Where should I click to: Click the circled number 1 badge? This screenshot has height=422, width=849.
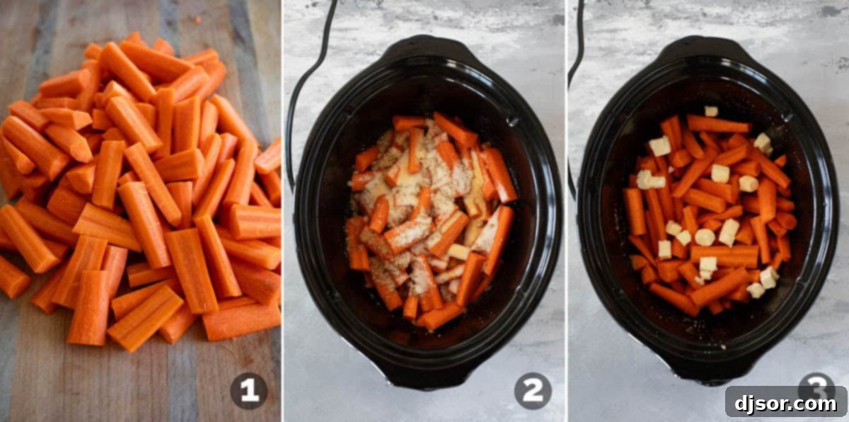pyautogui.click(x=249, y=391)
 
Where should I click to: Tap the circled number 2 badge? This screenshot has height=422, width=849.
pyautogui.click(x=533, y=391)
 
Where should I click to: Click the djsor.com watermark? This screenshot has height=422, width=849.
pyautogui.click(x=785, y=401)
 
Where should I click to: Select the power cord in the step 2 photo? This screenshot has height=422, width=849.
pyautogui.click(x=304, y=85)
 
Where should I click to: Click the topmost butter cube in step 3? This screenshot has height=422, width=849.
pyautogui.click(x=710, y=111)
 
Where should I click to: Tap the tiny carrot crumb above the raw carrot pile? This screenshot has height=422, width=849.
pyautogui.click(x=196, y=20)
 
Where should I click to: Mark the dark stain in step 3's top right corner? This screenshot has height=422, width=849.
pyautogui.click(x=828, y=11)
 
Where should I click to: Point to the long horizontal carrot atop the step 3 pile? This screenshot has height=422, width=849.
pyautogui.click(x=717, y=125)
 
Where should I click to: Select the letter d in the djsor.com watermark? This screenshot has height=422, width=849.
pyautogui.click(x=739, y=401)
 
